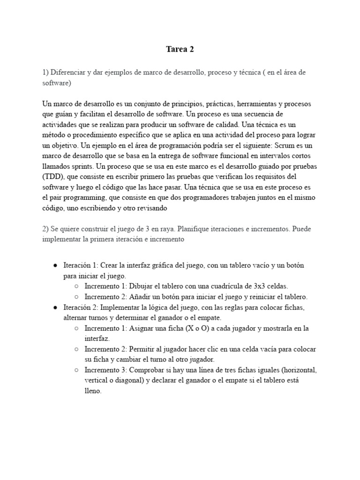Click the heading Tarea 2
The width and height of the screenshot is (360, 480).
[x=180, y=50]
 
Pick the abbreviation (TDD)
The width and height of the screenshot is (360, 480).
[x=53, y=176]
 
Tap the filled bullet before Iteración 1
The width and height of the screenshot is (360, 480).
[x=55, y=265]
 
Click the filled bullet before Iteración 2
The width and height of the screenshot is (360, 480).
[x=55, y=307]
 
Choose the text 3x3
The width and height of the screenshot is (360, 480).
[x=257, y=286]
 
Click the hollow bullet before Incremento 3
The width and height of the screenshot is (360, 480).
[x=76, y=370]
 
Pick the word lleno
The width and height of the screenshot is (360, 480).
[x=92, y=391]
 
